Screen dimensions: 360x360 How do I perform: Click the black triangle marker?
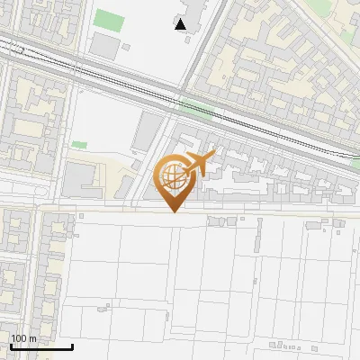click(x=181, y=24)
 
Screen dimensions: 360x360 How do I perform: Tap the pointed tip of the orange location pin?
click(x=173, y=211)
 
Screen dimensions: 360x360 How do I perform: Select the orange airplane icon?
click(x=200, y=163)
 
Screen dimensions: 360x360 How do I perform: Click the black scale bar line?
click(x=41, y=346)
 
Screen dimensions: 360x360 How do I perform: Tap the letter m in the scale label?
click(x=32, y=338)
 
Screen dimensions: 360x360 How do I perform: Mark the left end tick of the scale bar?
click(x=11, y=345)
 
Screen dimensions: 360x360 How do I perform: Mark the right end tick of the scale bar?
click(x=72, y=345)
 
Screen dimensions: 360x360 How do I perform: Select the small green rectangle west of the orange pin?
click(x=80, y=144)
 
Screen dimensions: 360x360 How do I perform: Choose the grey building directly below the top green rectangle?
click(x=105, y=47)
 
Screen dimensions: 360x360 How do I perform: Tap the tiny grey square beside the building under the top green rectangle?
click(x=127, y=47)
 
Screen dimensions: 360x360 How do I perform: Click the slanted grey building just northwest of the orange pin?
click(x=148, y=132)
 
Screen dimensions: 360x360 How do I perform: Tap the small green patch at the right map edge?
click(x=355, y=165)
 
